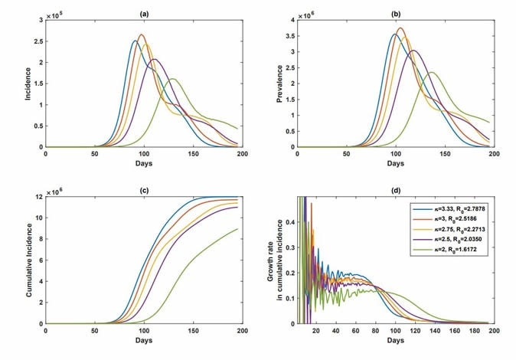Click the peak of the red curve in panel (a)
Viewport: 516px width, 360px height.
pos(141,34)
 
